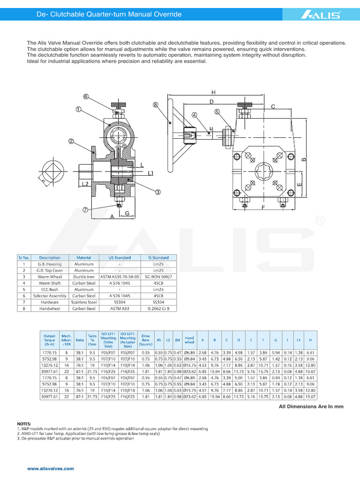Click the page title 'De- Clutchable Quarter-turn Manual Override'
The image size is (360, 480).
[x=109, y=15]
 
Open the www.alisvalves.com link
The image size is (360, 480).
[x=51, y=469]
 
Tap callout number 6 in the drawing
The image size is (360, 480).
[x=86, y=97]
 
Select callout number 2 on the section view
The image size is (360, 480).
[x=71, y=141]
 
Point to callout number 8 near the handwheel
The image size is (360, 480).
[x=156, y=105]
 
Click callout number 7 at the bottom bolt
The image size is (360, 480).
[x=85, y=210]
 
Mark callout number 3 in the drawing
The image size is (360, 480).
[x=158, y=192]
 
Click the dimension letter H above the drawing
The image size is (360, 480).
[x=213, y=92]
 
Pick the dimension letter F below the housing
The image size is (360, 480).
[x=263, y=207]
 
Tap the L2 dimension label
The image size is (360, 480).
[x=85, y=184]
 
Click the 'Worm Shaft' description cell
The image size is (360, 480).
[x=50, y=283]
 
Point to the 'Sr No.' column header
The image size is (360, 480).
[x=24, y=257]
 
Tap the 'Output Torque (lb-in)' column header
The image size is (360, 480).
[x=49, y=340]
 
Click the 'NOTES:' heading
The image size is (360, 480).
[x=24, y=423]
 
